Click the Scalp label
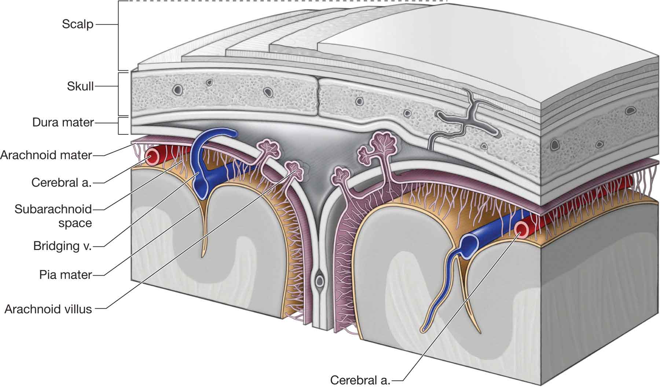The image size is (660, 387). pos(77,25)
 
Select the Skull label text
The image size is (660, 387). pos(80,86)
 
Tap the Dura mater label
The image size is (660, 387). pos(63,122)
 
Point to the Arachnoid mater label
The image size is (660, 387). pos(46,155)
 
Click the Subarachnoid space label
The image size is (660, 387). pos(53,216)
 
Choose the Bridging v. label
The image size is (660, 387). pos(62,246)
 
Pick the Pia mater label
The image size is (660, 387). pos(66,274)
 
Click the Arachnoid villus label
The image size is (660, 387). pos(48,309)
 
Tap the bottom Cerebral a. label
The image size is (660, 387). pos(360,380)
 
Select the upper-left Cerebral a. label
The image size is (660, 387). pos(61,182)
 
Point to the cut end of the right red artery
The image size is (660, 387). pos(522,229)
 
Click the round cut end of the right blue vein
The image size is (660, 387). pos(468,243)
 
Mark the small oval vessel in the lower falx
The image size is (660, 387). pos(320,281)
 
